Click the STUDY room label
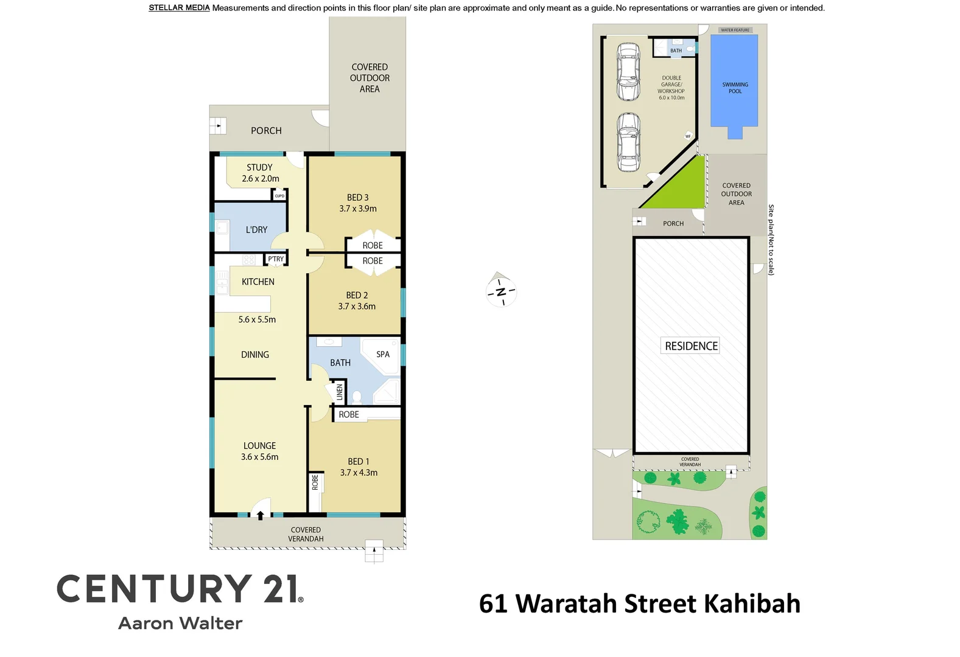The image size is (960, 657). [x=259, y=167]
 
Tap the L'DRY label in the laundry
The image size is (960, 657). [x=256, y=230]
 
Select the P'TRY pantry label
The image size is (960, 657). [x=276, y=259]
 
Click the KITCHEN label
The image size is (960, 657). [x=258, y=282]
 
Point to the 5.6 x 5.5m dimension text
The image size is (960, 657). [x=257, y=319]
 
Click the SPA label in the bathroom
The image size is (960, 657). [x=383, y=354]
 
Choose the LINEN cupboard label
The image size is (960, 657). [x=340, y=392]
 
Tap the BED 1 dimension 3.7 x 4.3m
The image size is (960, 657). [x=359, y=473]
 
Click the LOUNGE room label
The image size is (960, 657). [x=259, y=446]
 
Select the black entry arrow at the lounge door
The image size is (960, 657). [x=261, y=515]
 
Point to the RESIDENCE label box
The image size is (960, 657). [x=691, y=346]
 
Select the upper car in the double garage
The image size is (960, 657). [x=628, y=71]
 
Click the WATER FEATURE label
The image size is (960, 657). [x=735, y=30]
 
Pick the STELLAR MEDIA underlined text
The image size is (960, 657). [x=179, y=8]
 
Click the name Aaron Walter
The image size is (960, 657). [x=180, y=624]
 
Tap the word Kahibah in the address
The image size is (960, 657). [x=752, y=603]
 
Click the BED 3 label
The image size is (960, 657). [x=357, y=198]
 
